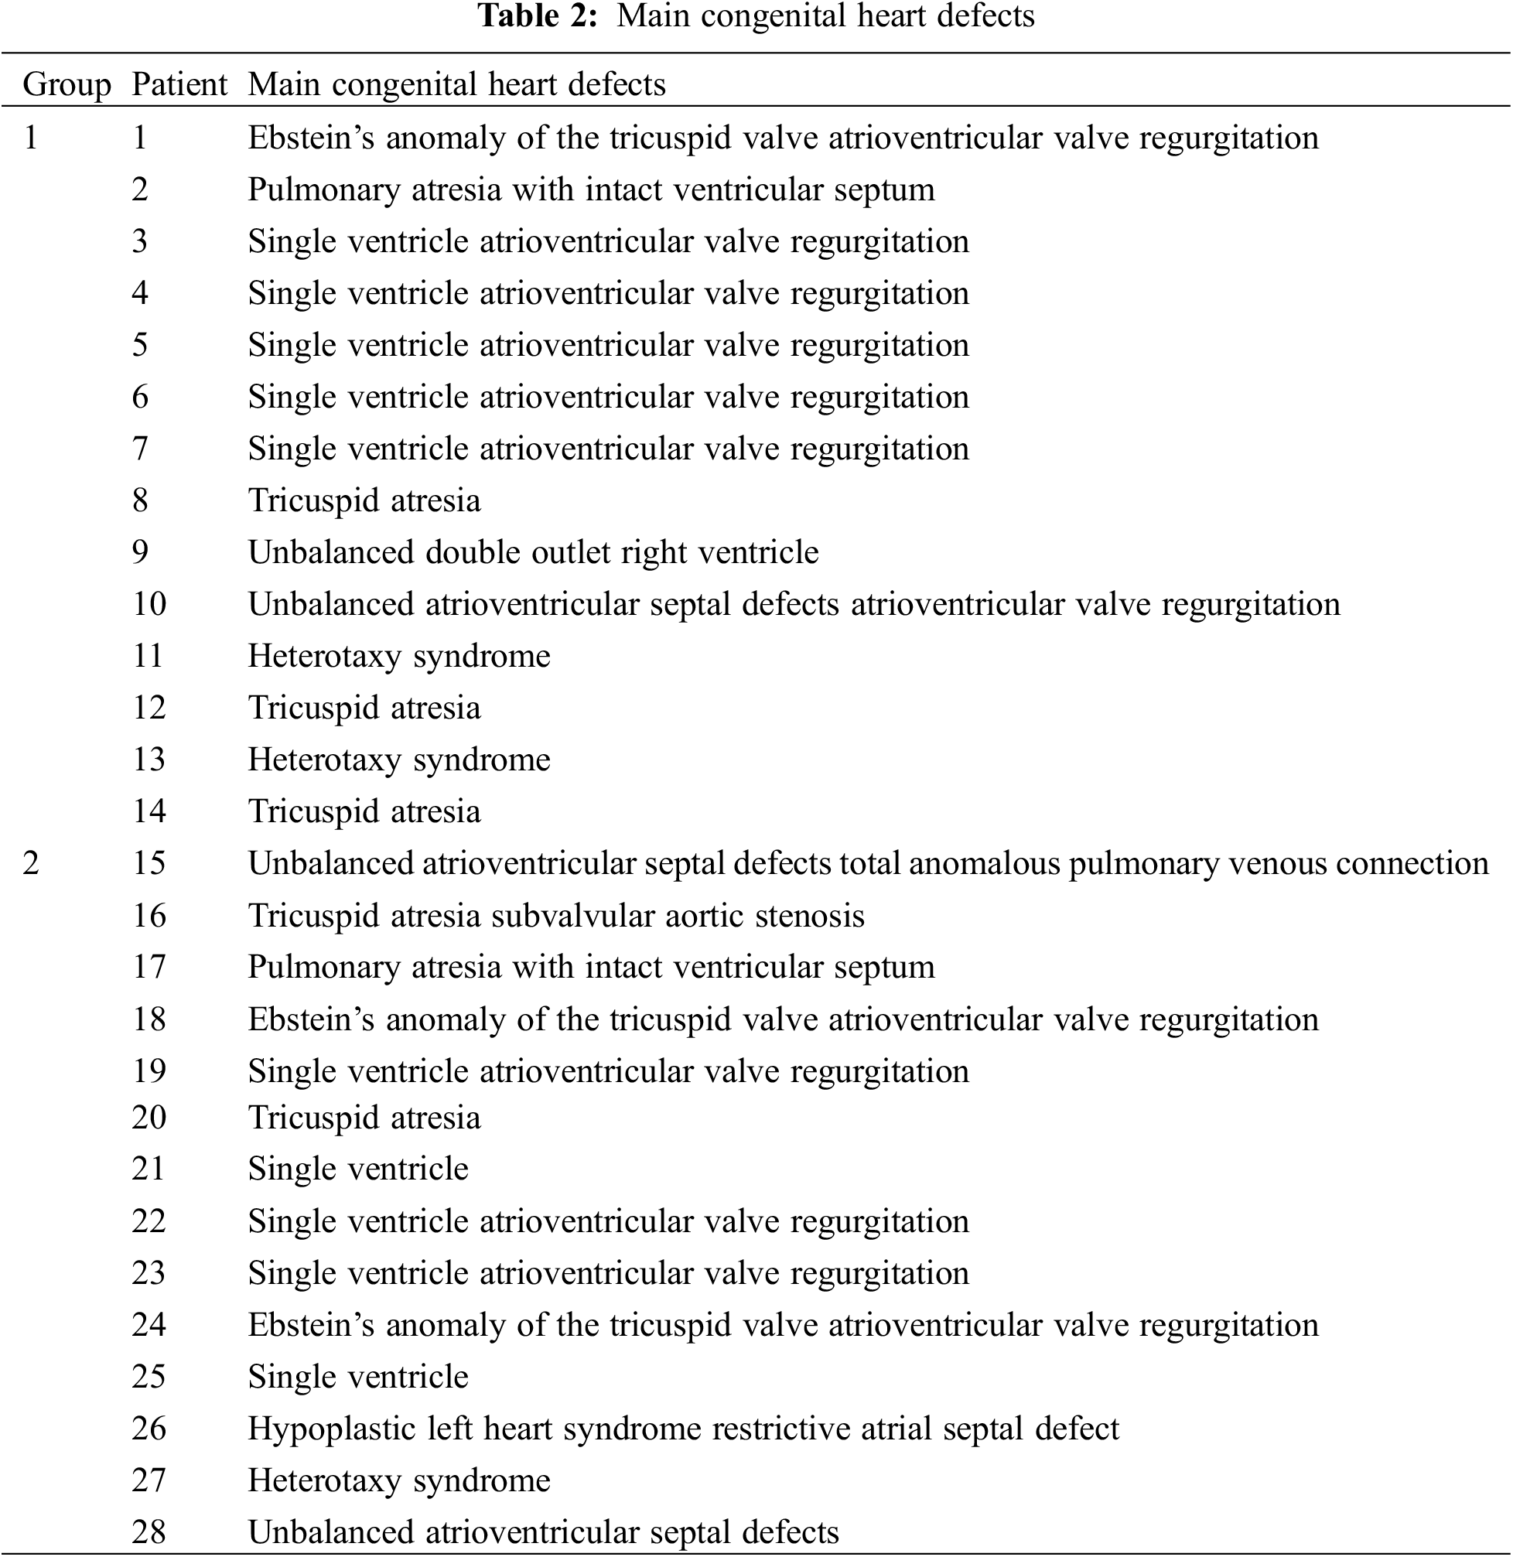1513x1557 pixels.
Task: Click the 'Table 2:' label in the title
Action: (536, 16)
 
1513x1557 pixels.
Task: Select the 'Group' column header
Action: (67, 84)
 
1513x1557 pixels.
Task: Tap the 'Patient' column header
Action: (179, 84)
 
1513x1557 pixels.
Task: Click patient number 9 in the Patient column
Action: (140, 552)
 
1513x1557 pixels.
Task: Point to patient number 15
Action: (149, 863)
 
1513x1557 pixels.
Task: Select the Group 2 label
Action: (31, 863)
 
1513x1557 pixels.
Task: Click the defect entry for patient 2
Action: (591, 190)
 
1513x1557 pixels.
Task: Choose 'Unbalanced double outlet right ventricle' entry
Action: (532, 552)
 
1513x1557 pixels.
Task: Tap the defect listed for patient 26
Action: (682, 1429)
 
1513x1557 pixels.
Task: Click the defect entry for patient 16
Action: (555, 916)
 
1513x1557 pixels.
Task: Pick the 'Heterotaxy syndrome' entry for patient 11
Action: (399, 657)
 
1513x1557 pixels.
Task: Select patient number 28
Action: (149, 1532)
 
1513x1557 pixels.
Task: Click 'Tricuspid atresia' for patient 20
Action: (364, 1118)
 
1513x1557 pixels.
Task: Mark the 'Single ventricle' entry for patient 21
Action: (357, 1169)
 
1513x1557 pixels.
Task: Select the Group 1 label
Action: (31, 138)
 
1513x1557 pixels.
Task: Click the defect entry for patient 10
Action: (793, 605)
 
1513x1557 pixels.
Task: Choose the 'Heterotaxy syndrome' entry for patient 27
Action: (399, 1480)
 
